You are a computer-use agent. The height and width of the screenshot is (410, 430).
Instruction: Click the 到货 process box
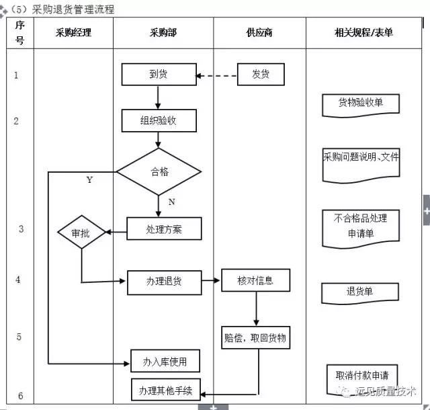click(x=159, y=74)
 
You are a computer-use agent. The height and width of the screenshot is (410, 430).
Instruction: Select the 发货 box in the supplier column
click(x=261, y=74)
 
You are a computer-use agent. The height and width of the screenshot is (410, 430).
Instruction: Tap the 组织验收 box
click(x=159, y=121)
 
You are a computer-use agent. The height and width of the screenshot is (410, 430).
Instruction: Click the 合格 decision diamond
click(x=159, y=171)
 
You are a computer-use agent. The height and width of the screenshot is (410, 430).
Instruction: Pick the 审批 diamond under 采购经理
click(x=81, y=233)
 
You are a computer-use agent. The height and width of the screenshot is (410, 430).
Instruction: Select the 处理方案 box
click(x=164, y=229)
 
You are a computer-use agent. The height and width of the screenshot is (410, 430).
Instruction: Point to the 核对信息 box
click(x=255, y=280)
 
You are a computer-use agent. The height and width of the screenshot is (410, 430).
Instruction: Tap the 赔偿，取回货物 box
click(x=255, y=337)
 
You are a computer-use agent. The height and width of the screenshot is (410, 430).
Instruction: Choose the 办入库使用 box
click(x=165, y=362)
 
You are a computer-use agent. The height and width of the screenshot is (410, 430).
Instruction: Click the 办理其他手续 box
click(x=165, y=390)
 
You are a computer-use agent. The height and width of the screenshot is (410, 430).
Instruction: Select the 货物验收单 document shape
click(x=361, y=104)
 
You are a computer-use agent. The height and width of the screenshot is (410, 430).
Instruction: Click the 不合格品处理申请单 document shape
click(x=361, y=227)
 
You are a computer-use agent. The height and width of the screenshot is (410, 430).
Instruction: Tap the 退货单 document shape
click(x=360, y=292)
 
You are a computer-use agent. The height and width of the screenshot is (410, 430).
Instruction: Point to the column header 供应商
click(x=259, y=32)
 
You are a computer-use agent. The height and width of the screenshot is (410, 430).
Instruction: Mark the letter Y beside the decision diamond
click(x=90, y=180)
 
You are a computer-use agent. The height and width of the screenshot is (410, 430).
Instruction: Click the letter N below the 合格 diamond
click(x=171, y=202)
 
